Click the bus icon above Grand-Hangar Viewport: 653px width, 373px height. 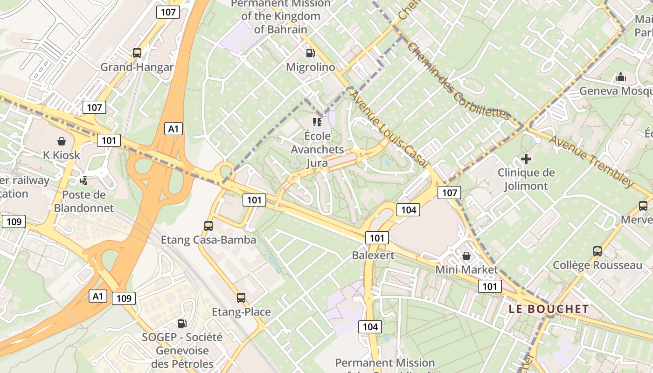click(x=137, y=53)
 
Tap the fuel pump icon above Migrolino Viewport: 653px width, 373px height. click(x=310, y=53)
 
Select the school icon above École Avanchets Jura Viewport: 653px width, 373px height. click(x=318, y=122)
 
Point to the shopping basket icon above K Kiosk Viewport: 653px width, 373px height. click(x=61, y=141)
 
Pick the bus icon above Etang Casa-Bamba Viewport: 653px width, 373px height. click(x=208, y=226)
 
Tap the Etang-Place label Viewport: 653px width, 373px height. click(x=241, y=312)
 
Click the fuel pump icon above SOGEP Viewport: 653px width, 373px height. click(x=182, y=323)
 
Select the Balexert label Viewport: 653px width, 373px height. click(x=373, y=255)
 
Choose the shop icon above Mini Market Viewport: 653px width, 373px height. click(x=466, y=256)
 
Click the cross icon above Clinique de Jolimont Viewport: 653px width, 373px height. click(x=526, y=159)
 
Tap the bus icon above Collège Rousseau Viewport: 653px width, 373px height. click(x=597, y=251)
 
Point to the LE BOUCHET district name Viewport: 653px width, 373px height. click(x=549, y=309)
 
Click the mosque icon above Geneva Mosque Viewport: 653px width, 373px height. click(x=621, y=77)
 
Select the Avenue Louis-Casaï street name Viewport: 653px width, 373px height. click(x=388, y=129)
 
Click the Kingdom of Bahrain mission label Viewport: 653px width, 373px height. click(x=281, y=16)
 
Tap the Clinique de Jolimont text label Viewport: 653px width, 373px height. click(x=526, y=180)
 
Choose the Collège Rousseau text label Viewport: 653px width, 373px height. click(x=597, y=265)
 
